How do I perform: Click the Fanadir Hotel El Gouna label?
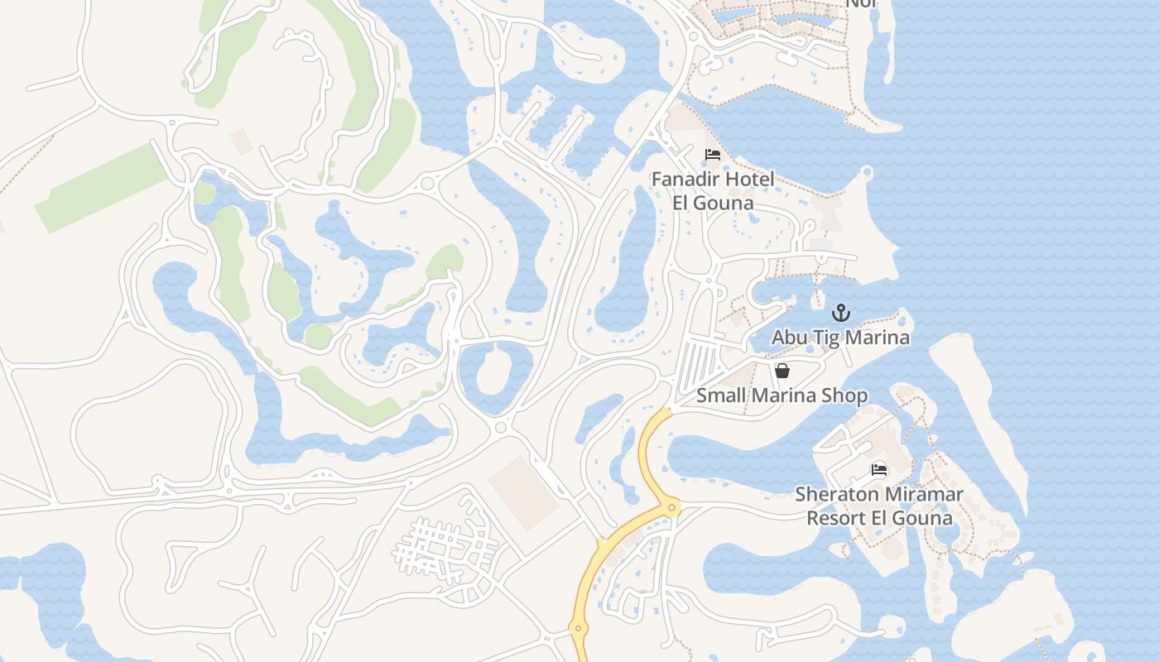(713, 191)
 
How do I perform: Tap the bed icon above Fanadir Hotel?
(712, 155)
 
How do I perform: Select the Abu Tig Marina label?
(840, 338)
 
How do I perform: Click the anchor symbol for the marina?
(841, 313)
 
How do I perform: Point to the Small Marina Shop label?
(781, 396)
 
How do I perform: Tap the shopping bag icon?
(781, 371)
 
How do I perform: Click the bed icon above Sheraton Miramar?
(879, 470)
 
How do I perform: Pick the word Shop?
(844, 396)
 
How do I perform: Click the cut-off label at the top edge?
(860, 4)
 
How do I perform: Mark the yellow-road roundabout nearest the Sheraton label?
(672, 507)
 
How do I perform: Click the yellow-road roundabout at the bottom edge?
(578, 629)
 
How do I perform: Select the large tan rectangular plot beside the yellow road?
(523, 493)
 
